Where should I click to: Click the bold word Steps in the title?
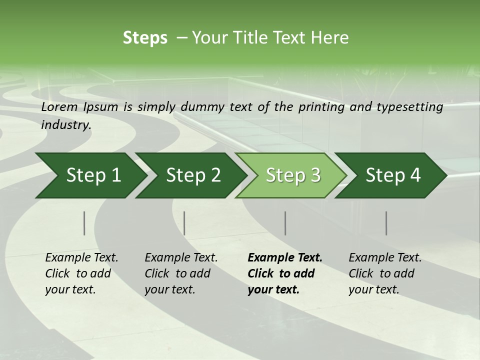pyautogui.click(x=145, y=38)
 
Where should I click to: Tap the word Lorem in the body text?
pyautogui.click(x=59, y=107)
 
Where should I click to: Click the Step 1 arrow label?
pyautogui.click(x=93, y=175)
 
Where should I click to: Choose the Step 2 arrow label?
pyautogui.click(x=193, y=175)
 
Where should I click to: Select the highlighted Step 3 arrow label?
pyautogui.click(x=293, y=175)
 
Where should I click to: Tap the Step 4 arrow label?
pyautogui.click(x=393, y=175)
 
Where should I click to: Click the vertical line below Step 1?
pyautogui.click(x=84, y=223)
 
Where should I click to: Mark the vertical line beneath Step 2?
pyautogui.click(x=184, y=223)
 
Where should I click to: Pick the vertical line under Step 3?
pyautogui.click(x=285, y=223)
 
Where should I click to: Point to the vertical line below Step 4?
pyautogui.click(x=386, y=223)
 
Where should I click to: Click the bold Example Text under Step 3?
pyautogui.click(x=285, y=258)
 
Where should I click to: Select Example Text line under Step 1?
pyautogui.click(x=81, y=258)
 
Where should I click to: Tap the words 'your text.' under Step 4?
pyautogui.click(x=374, y=290)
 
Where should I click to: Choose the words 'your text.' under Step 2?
pyautogui.click(x=169, y=290)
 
